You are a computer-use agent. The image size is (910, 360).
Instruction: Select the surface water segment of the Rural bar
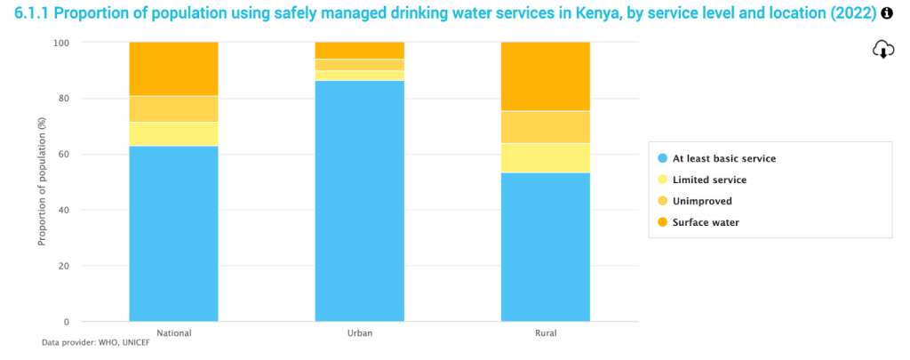(546, 76)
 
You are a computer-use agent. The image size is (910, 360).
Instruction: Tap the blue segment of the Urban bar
(360, 201)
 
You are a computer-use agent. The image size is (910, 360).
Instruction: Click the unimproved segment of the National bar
(173, 108)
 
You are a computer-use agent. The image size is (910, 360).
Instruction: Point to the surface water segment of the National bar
(173, 68)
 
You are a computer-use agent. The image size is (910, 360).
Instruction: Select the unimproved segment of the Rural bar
(546, 127)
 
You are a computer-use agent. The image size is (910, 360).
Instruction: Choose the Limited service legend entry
(709, 180)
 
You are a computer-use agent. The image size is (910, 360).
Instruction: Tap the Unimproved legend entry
(702, 201)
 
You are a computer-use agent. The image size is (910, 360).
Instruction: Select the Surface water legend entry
(706, 222)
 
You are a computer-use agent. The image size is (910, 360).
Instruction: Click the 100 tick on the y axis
(61, 43)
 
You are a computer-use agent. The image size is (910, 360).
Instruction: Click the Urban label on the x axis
(360, 333)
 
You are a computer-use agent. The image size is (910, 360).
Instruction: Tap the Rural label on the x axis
(546, 333)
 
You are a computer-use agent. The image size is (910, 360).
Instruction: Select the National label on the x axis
(173, 333)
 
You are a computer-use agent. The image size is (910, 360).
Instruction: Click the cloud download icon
(882, 50)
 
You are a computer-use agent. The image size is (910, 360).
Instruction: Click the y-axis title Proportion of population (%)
(42, 182)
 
